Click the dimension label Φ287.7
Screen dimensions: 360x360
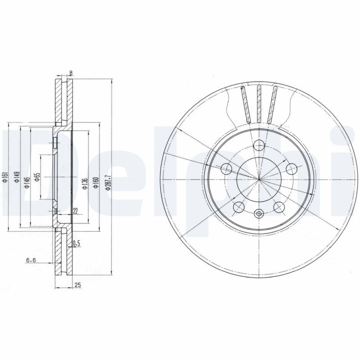coord(108,182)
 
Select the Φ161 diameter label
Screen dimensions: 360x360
coord(5,178)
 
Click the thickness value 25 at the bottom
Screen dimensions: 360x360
coord(78,285)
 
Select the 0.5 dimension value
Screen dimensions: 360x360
coord(76,244)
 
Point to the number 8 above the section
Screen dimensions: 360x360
coord(71,73)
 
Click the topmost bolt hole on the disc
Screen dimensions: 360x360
coord(259,145)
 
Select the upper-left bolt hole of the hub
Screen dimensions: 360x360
coord(227,169)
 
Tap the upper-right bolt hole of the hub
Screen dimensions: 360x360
coord(291,169)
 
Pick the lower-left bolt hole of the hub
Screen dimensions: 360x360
coord(239,207)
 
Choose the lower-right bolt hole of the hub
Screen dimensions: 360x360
coord(279,207)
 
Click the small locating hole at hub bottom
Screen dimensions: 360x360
coord(259,214)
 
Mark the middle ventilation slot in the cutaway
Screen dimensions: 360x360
coord(259,103)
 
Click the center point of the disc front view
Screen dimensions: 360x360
coord(259,180)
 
